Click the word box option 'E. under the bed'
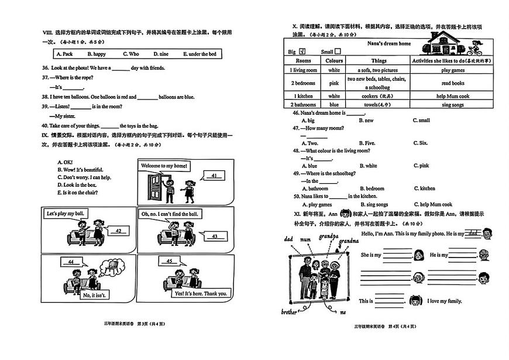click(200, 54)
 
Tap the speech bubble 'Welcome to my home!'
click(164, 166)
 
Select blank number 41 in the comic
click(214, 176)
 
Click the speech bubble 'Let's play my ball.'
click(65, 214)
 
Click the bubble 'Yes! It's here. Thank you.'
click(200, 293)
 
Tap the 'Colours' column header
click(334, 60)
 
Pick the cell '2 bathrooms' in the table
click(303, 105)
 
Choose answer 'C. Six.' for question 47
click(420, 143)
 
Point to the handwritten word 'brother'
click(289, 311)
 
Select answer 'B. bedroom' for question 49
click(372, 188)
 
